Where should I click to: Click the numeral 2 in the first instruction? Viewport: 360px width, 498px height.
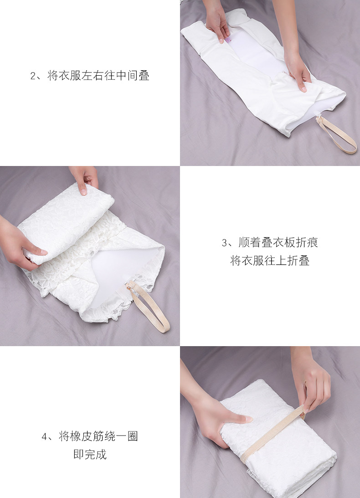point(33,76)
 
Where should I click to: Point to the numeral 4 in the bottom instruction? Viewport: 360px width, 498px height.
point(45,437)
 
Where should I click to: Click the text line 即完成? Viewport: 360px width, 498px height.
point(90,454)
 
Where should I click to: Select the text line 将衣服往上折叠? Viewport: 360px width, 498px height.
point(270,260)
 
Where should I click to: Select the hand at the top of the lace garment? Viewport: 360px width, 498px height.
point(85,178)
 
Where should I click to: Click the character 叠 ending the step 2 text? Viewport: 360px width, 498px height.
point(144,76)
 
